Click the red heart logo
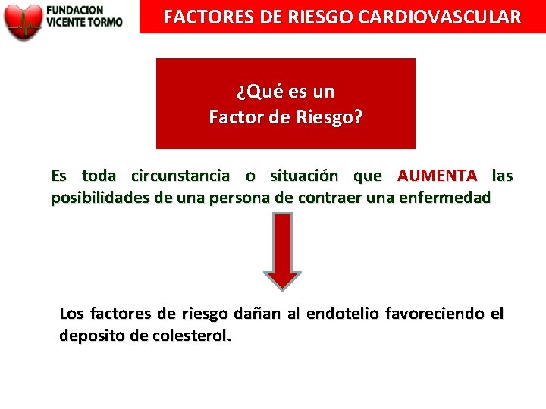(23, 21)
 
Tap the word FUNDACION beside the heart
(75, 10)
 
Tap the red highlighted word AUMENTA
(438, 176)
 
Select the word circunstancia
(180, 176)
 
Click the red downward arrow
(282, 250)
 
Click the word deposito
(93, 336)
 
